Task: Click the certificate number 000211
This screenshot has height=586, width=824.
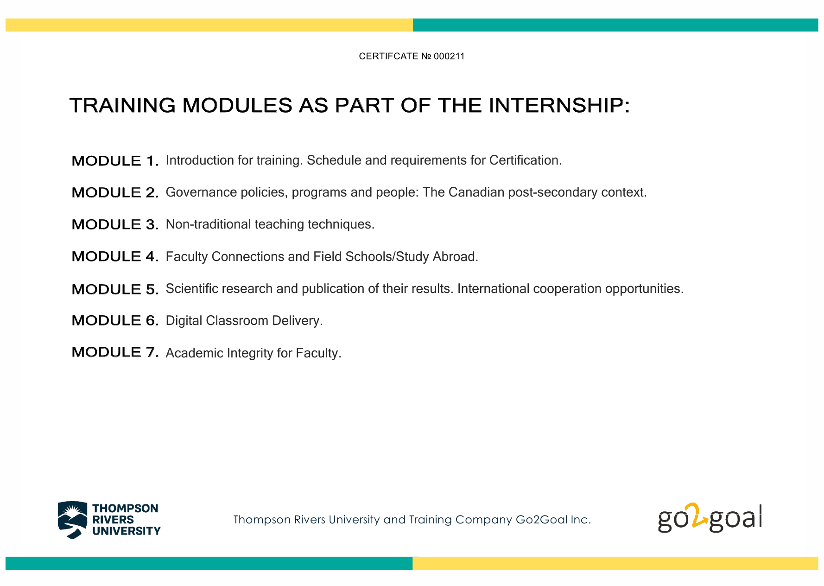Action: pos(449,56)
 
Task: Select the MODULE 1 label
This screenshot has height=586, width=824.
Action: pos(115,161)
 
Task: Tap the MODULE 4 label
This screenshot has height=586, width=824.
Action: pos(115,256)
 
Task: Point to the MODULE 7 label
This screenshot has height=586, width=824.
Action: pos(115,352)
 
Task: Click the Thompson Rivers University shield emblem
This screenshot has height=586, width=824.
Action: pos(72,520)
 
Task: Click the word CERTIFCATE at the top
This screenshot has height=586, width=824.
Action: pos(388,56)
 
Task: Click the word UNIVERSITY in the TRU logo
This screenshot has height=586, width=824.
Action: pos(126,531)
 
